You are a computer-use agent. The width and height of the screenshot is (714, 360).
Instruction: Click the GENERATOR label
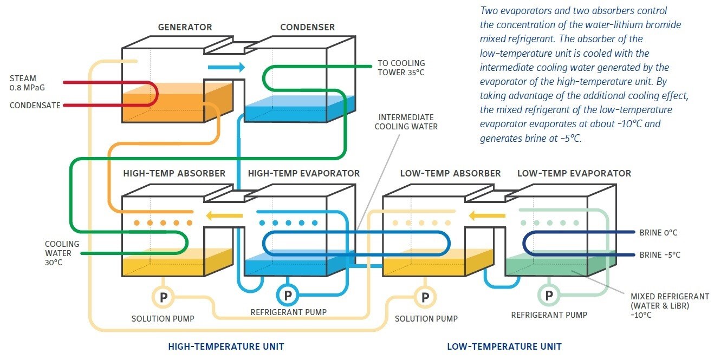click(185, 27)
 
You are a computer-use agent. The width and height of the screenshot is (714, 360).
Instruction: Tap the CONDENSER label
click(307, 27)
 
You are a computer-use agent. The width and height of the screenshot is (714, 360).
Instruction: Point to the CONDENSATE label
click(35, 106)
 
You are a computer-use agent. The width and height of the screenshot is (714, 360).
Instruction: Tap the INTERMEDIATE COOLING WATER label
click(406, 122)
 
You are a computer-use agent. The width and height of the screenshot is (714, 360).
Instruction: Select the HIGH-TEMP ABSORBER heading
click(174, 174)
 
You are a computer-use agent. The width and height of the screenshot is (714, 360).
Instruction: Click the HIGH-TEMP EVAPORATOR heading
click(303, 174)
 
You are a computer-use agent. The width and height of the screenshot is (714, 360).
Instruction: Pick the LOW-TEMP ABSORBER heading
click(450, 174)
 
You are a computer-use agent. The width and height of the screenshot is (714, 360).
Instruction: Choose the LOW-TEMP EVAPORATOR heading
click(574, 174)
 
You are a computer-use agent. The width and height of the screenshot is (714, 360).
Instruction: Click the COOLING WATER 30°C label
click(62, 252)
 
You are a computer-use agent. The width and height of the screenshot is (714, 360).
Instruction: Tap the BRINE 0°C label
click(658, 233)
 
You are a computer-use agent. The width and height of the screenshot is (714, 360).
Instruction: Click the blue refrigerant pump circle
click(288, 296)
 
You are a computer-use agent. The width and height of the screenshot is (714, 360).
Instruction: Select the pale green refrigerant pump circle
click(549, 296)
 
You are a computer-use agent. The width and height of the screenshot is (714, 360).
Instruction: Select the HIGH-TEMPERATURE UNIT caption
click(226, 346)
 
